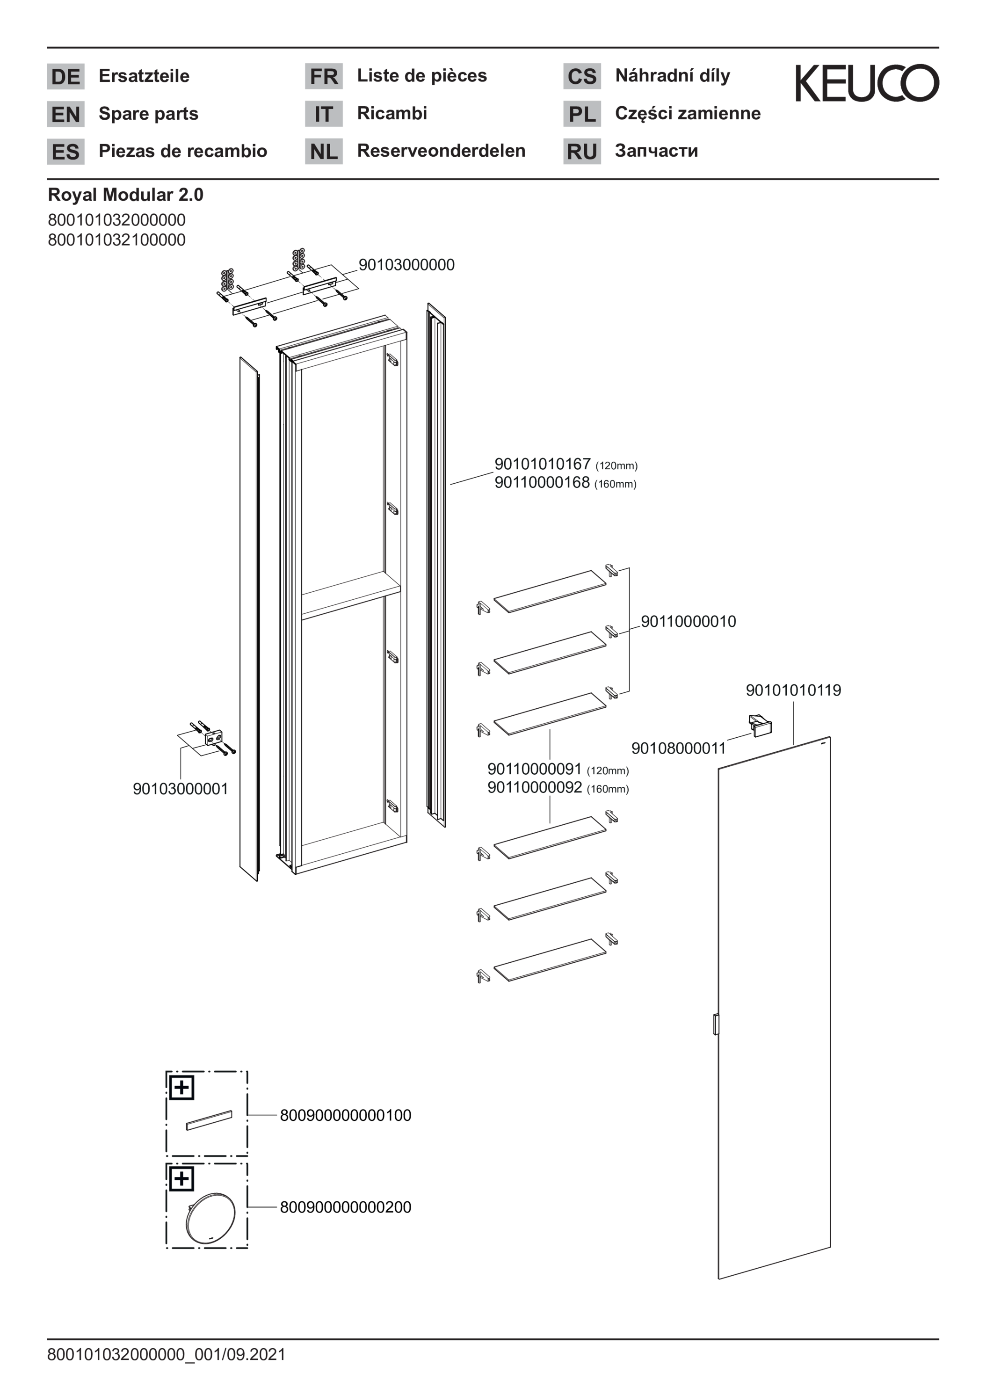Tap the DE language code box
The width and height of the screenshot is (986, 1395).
tap(65, 77)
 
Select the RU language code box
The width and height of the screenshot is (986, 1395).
tap(582, 151)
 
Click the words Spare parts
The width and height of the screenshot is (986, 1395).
tap(148, 114)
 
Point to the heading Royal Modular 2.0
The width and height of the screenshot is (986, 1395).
tap(126, 195)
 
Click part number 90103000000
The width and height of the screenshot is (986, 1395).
tap(406, 265)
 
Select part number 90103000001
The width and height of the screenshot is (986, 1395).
tap(181, 789)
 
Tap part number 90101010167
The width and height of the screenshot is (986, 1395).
tap(543, 464)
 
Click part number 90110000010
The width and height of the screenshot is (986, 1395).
tap(689, 622)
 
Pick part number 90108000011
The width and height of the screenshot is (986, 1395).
tap(679, 748)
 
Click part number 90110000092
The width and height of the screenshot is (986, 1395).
tap(535, 787)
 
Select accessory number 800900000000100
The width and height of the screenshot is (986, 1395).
tap(346, 1116)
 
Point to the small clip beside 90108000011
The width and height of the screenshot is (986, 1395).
tap(760, 726)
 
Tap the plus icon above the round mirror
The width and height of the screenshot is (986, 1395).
tap(181, 1179)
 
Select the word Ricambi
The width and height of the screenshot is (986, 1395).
tap(392, 113)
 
